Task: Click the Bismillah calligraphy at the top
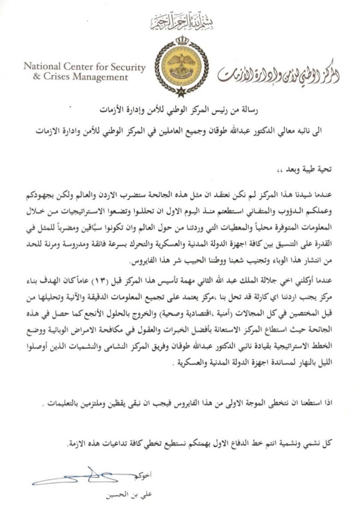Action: click(180, 23)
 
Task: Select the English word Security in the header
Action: click(125, 67)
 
